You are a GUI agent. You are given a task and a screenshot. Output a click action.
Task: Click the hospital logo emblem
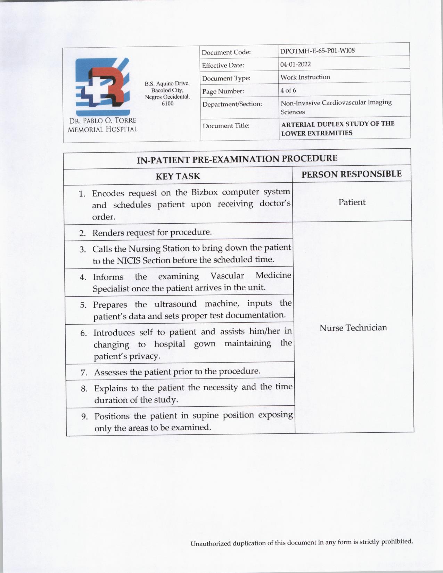[103, 86]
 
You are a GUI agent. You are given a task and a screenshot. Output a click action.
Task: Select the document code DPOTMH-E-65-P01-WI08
[317, 51]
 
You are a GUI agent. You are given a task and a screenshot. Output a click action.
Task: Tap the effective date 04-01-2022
[296, 64]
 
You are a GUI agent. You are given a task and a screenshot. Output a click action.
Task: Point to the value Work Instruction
[305, 77]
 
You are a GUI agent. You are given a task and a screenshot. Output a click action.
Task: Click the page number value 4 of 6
[288, 90]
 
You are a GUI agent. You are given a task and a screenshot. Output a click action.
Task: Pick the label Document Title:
[226, 126]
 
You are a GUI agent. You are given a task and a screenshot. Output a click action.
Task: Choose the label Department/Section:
[232, 104]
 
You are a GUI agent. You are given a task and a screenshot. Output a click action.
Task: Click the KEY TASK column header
[178, 176]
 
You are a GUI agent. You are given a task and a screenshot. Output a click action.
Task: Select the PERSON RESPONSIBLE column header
[351, 174]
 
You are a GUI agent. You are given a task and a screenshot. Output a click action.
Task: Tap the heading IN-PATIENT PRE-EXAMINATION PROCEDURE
[237, 159]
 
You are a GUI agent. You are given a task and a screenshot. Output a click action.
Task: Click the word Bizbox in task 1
[204, 192]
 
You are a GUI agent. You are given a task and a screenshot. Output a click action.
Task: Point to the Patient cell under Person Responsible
[352, 202]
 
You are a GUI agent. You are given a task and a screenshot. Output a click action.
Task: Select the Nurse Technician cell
[353, 328]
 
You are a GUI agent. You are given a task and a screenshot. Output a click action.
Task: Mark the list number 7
[84, 373]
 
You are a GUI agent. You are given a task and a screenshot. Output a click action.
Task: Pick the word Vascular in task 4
[227, 276]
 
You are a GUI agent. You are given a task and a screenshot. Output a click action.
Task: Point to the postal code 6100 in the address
[167, 103]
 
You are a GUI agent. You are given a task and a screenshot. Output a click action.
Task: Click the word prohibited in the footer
[397, 541]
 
